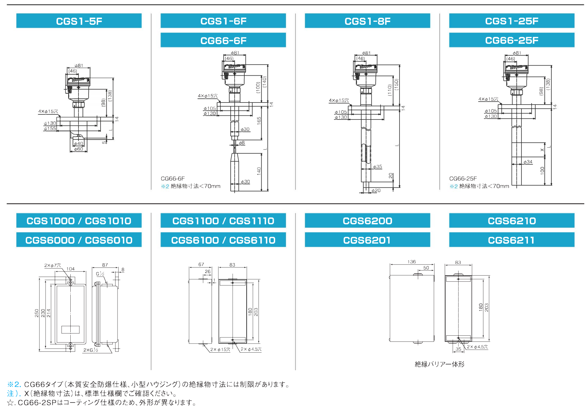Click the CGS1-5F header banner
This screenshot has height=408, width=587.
point(79,21)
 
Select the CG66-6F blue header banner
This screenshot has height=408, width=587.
point(223,40)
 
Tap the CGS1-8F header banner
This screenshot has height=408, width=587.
point(368,21)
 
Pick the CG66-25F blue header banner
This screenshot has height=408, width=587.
point(512,40)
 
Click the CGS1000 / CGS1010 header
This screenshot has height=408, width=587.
point(79,221)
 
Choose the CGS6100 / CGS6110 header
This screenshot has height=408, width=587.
point(223,240)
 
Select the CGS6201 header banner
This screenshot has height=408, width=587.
point(368,240)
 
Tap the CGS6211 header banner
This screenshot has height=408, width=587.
point(512,240)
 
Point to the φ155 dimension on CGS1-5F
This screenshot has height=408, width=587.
point(50,128)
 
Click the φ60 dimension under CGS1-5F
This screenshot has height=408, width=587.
point(78,149)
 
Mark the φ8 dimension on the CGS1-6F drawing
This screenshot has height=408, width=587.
point(242,143)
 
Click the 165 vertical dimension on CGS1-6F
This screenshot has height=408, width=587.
point(259,120)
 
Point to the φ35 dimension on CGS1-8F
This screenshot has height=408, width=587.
point(377,167)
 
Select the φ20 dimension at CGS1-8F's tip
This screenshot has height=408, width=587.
point(376,191)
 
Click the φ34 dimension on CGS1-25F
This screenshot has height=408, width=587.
point(528,162)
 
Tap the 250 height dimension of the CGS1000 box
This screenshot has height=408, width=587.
point(37,313)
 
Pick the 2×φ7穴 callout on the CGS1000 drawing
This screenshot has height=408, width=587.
point(53,265)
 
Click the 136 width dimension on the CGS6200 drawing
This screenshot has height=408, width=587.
point(411,262)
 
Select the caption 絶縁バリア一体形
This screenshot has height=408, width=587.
point(440,364)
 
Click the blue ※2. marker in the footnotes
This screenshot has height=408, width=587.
point(14,384)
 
